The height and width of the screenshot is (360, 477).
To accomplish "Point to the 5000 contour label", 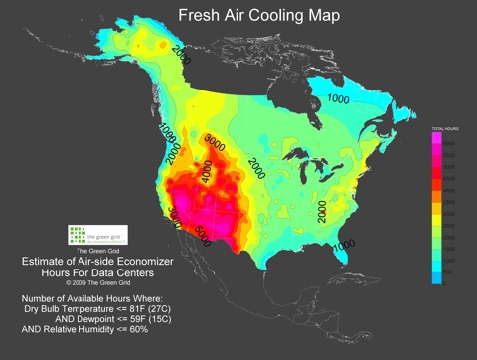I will tap(202, 234).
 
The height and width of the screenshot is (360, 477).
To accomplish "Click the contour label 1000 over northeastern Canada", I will tap(338, 99).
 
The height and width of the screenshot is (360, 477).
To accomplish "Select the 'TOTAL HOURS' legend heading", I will tap(443, 130).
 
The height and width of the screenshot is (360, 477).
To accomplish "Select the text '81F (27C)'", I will tap(162, 308).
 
